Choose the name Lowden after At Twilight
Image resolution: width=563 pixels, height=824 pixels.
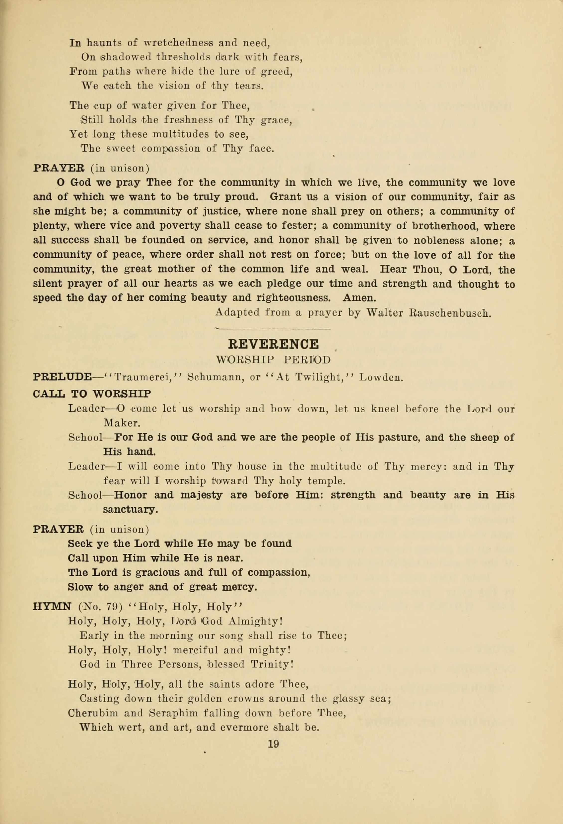381,377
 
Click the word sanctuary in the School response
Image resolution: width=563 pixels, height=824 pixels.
130,510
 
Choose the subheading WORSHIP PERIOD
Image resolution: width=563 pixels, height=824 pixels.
273,360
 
